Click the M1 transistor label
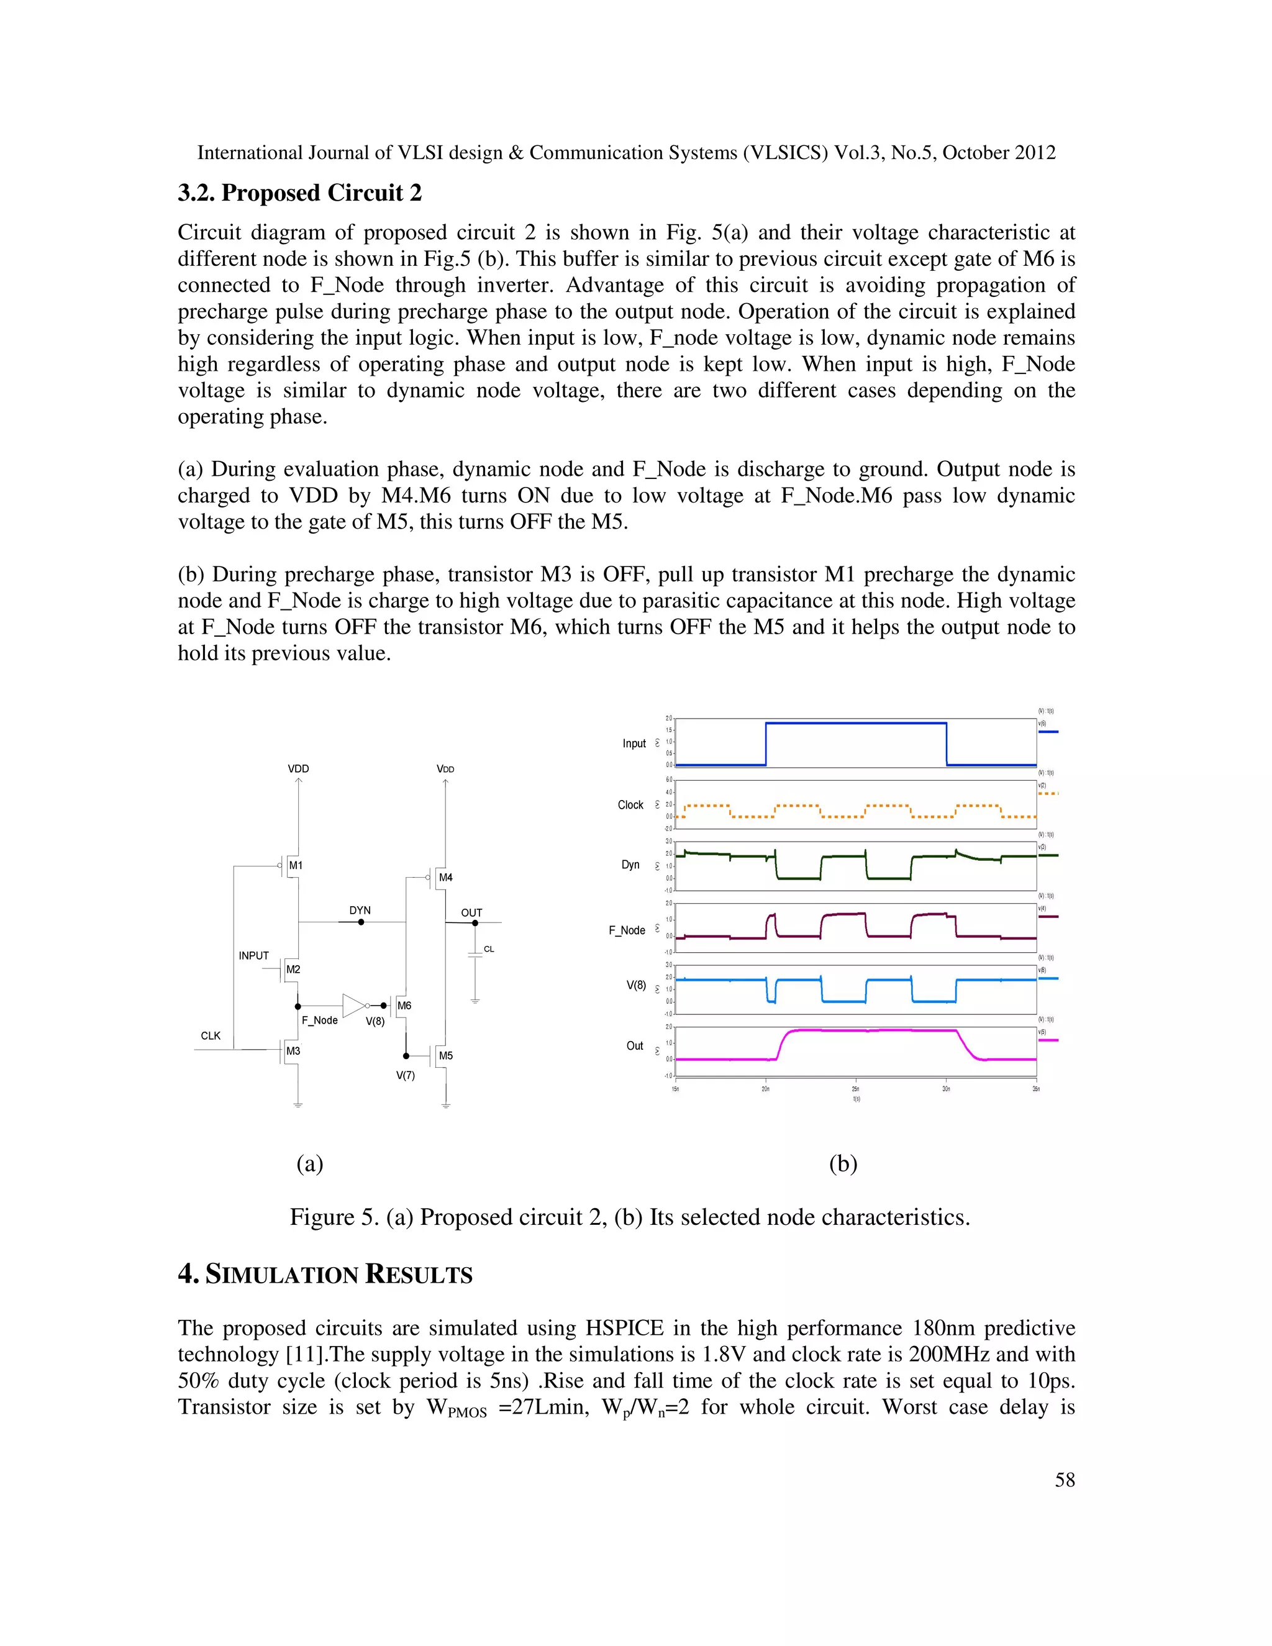coord(296,865)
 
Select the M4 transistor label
coord(445,877)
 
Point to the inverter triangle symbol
coord(353,1006)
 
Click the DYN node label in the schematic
coord(360,911)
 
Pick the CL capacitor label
coord(488,949)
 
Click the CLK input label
coord(211,1035)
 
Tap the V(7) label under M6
coord(406,1075)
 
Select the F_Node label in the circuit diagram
coord(319,1021)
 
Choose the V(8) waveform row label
coord(636,985)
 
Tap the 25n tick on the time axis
coord(855,1089)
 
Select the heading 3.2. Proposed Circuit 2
coord(299,193)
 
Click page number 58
coord(1064,1480)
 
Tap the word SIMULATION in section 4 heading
coord(282,1275)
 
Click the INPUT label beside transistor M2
coord(253,956)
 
